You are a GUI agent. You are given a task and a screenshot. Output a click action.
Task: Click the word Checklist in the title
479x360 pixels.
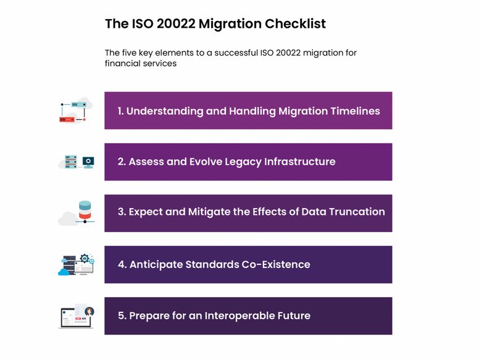pyautogui.click(x=295, y=24)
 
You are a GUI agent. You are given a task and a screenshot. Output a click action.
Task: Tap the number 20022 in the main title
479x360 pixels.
pyautogui.click(x=176, y=24)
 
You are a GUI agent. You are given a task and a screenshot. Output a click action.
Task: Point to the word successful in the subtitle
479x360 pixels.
pyautogui.click(x=236, y=52)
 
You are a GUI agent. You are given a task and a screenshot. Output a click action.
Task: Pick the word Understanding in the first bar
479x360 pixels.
pyautogui.click(x=165, y=111)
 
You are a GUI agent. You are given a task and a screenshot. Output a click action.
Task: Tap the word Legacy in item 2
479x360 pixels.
pyautogui.click(x=243, y=162)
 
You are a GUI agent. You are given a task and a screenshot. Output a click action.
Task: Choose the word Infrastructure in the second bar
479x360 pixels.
pyautogui.click(x=299, y=161)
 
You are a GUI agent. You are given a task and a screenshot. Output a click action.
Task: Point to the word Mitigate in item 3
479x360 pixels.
pyautogui.click(x=209, y=212)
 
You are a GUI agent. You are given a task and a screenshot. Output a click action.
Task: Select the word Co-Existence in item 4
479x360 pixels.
pyautogui.click(x=276, y=264)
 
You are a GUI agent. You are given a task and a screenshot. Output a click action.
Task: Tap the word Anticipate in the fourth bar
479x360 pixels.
pyautogui.click(x=156, y=265)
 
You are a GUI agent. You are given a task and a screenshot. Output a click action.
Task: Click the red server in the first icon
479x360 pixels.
pyautogui.click(x=67, y=120)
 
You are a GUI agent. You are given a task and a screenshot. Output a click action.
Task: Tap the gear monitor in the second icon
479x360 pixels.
pyautogui.click(x=88, y=162)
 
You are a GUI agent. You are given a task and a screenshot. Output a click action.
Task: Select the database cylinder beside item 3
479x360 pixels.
pyautogui.click(x=85, y=210)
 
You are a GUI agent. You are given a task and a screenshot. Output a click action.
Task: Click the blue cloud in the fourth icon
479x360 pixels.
pyautogui.click(x=64, y=272)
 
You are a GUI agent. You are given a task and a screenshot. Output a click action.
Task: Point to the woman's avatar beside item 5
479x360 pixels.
pyautogui.click(x=90, y=311)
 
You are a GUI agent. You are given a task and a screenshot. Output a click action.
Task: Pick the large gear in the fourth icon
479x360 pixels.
pyautogui.click(x=85, y=259)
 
